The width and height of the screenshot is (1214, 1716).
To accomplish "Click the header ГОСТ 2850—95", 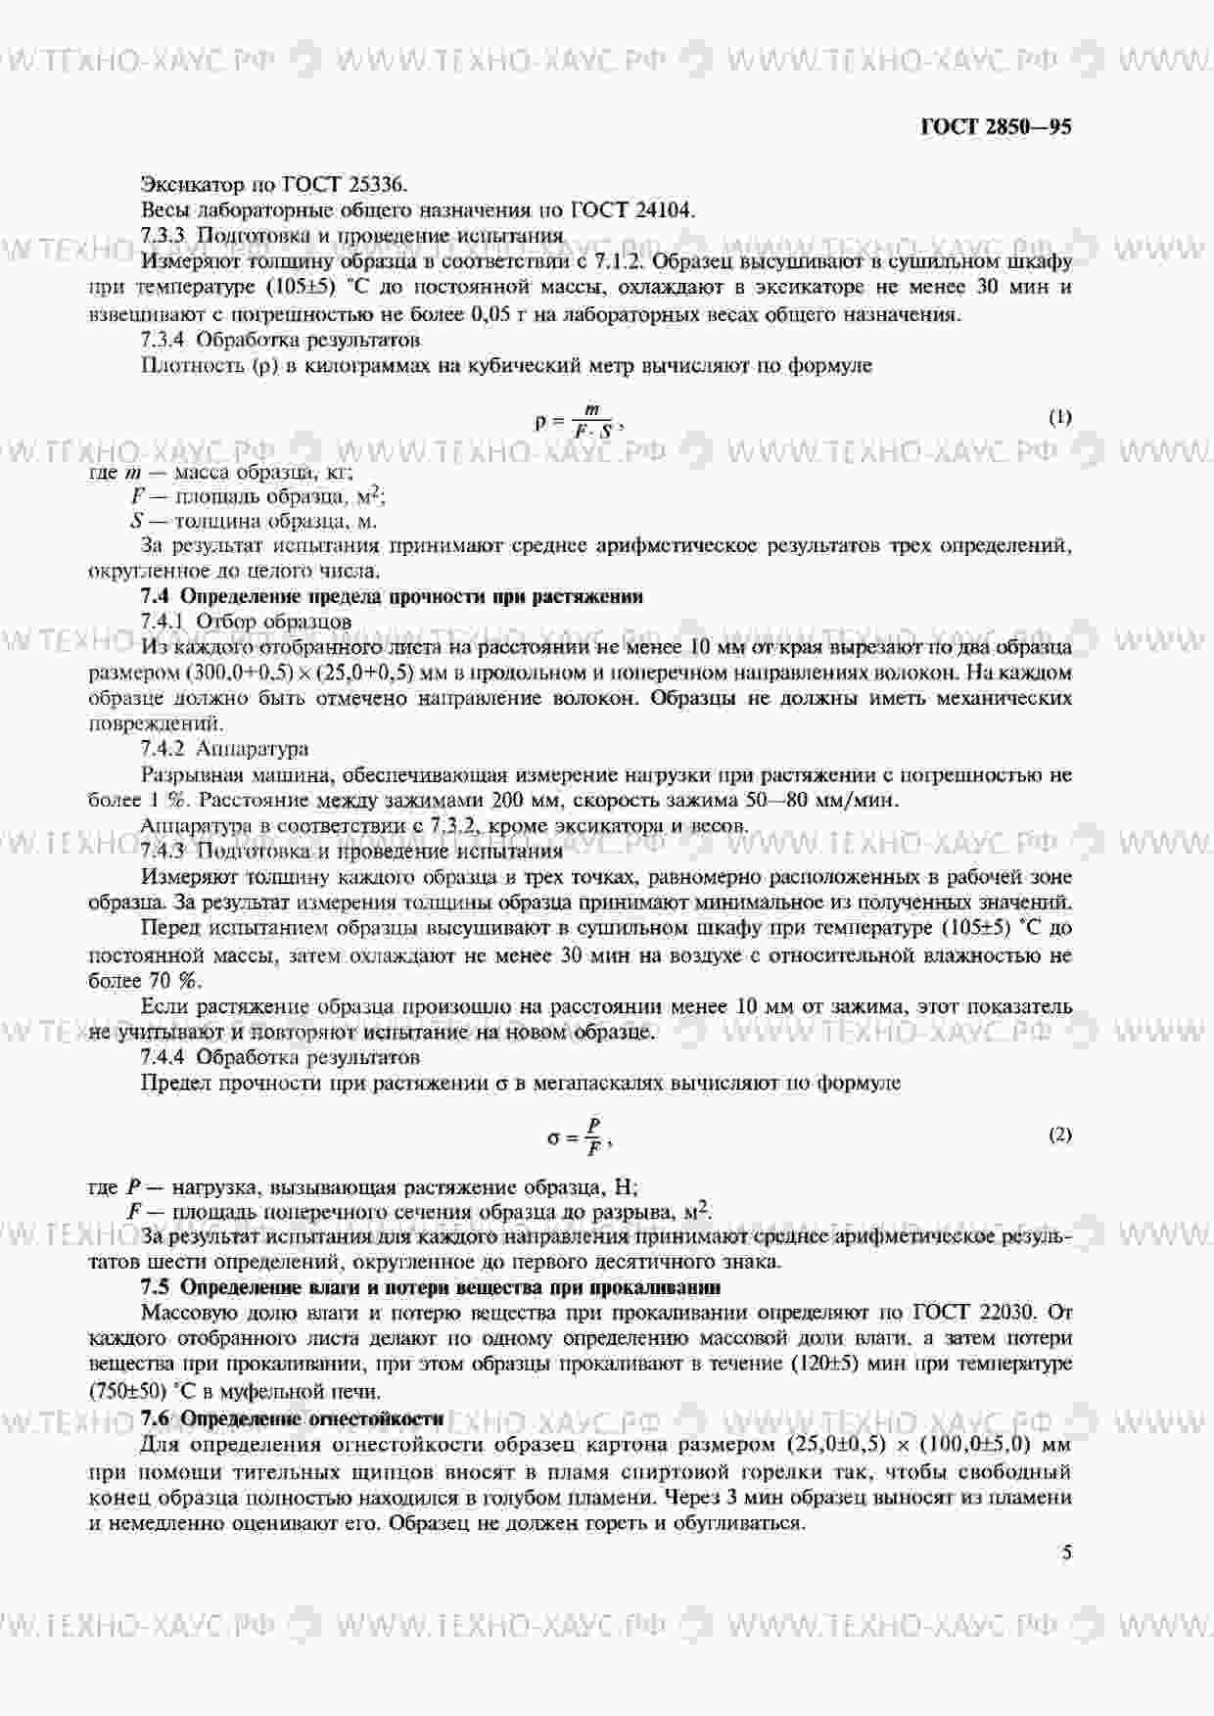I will click(x=996, y=127).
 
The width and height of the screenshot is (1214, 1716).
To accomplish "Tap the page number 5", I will click(x=1066, y=1553).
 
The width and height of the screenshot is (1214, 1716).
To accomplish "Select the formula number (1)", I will click(x=1060, y=417).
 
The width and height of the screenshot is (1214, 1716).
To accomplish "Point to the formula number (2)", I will click(x=1060, y=1135).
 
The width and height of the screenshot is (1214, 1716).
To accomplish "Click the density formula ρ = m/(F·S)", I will click(x=579, y=421).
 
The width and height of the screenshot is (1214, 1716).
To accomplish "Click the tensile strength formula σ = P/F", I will click(x=580, y=1136).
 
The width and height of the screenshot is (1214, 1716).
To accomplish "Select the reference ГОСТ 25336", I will click(x=344, y=184).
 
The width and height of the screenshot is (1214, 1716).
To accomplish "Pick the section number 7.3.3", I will click(x=163, y=235).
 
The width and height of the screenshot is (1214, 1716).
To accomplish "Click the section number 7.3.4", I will click(x=163, y=340).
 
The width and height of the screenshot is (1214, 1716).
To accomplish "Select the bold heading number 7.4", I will click(x=156, y=596).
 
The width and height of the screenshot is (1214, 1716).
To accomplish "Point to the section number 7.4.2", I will click(x=163, y=749).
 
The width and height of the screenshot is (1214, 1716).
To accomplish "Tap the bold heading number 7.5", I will click(x=156, y=1286).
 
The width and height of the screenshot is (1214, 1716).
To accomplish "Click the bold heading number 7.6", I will click(x=156, y=1418).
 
